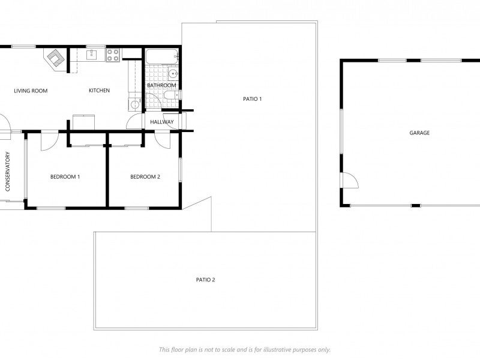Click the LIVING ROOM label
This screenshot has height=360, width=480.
coord(31,91)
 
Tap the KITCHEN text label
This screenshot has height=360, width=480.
coord(99,91)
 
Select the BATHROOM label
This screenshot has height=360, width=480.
coord(161,85)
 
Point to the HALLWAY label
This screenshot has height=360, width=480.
coord(162,122)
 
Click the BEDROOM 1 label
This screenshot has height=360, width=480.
coord(65,176)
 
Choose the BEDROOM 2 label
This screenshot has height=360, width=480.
coord(145,176)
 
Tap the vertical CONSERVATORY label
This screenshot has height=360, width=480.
coord(8,172)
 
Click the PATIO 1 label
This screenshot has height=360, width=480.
coord(252,99)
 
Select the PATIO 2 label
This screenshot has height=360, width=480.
coord(205,280)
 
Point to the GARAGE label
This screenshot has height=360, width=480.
coord(419,133)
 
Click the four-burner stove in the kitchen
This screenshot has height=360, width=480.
coord(113,55)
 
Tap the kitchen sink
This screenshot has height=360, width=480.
coord(92,55)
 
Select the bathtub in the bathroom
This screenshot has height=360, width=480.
coord(162,56)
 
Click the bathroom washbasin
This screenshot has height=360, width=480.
coord(173,74)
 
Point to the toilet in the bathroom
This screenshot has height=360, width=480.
coord(172,95)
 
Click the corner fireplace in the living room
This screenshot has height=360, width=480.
coord(55,59)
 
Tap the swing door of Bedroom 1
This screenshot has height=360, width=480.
coord(49,141)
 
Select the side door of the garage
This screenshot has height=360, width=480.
coord(349,180)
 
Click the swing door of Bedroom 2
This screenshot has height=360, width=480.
coord(162,140)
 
